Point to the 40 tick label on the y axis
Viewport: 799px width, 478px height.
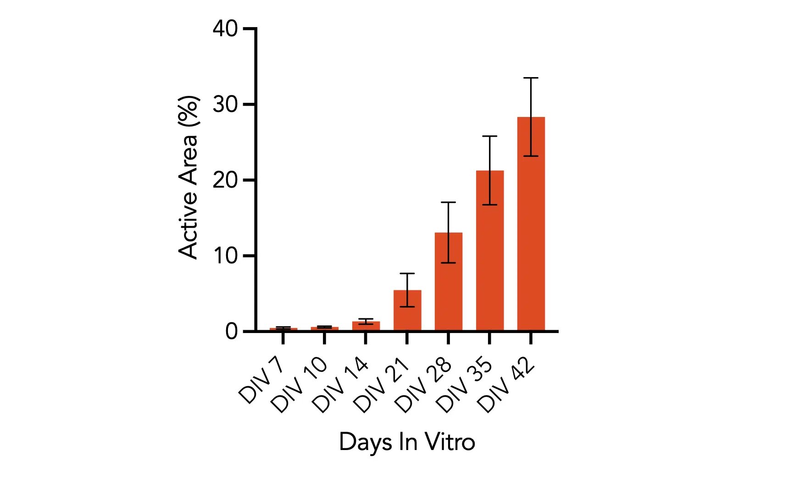(x=225, y=29)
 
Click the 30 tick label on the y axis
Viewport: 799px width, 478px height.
(x=225, y=105)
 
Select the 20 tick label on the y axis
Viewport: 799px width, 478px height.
(x=225, y=180)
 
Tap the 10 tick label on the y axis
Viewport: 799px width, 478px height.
(x=225, y=256)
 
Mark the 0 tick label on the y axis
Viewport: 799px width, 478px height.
(x=231, y=331)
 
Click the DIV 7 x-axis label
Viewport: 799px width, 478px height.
(x=262, y=380)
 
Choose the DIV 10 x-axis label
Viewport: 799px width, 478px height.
(x=299, y=385)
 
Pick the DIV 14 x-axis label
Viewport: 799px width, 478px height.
(x=340, y=385)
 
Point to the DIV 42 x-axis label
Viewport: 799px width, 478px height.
(x=505, y=385)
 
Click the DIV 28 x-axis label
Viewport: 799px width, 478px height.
(x=422, y=385)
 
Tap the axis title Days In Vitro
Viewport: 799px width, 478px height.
(x=407, y=442)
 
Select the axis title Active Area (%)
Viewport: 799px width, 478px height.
(x=189, y=178)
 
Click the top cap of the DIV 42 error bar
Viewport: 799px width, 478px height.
(x=531, y=78)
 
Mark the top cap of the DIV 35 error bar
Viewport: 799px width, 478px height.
(x=489, y=136)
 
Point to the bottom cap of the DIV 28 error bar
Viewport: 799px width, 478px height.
(x=448, y=263)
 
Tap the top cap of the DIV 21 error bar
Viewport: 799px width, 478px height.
(x=407, y=273)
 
